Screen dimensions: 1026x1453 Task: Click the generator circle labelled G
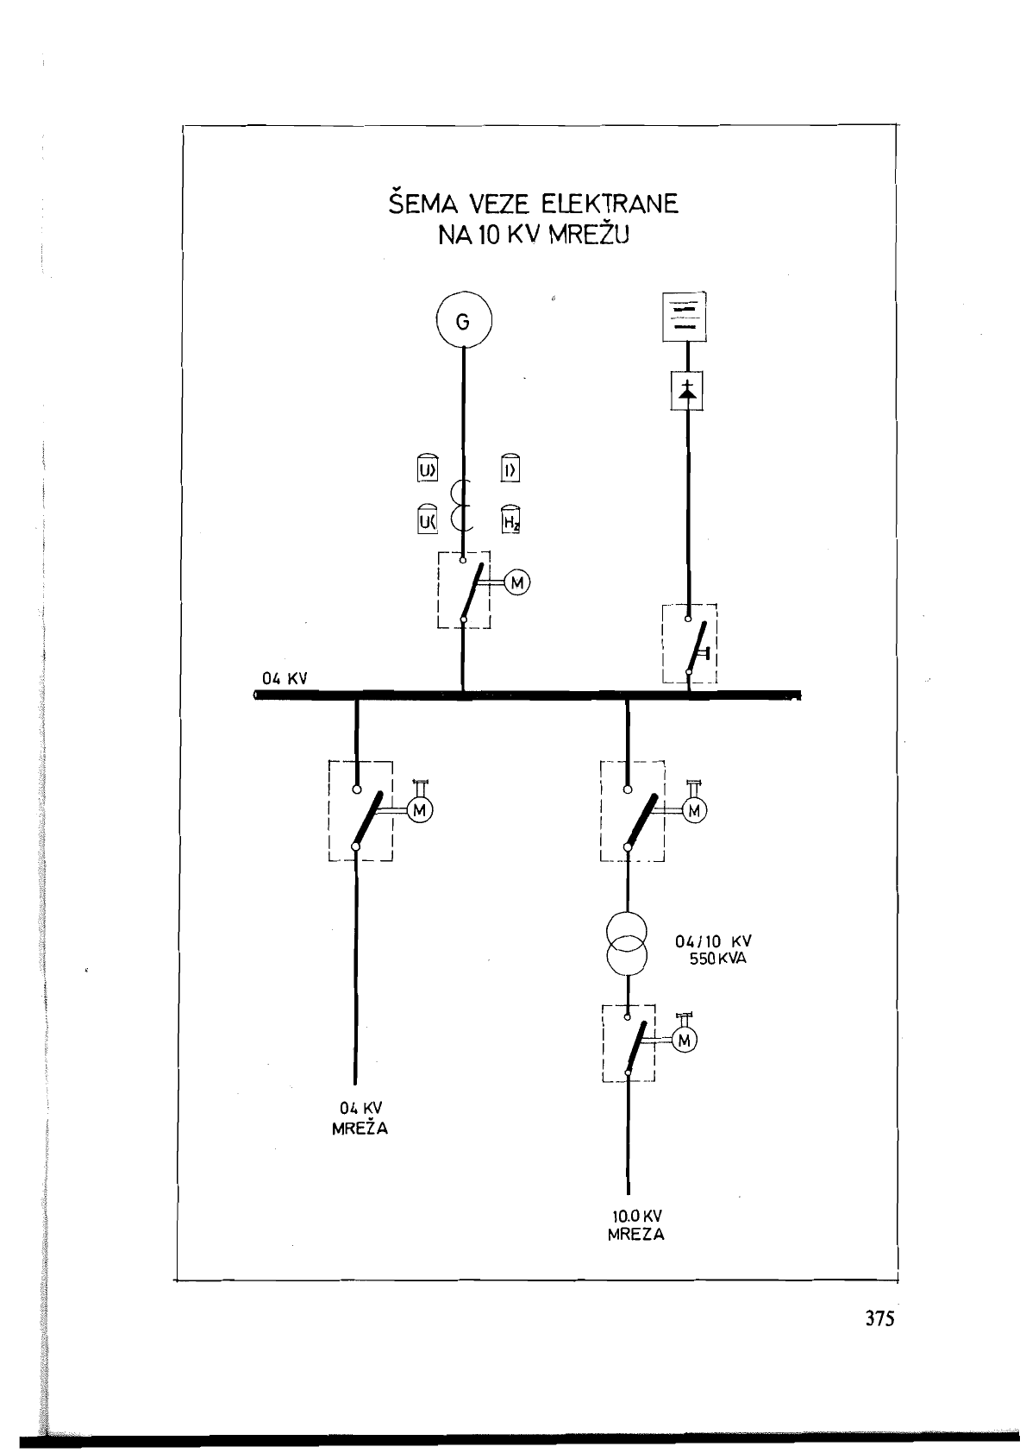pyautogui.click(x=463, y=320)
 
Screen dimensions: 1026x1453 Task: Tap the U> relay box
pyautogui.click(x=427, y=468)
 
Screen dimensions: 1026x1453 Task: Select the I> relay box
pyautogui.click(x=510, y=468)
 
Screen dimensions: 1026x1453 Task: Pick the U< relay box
pyautogui.click(x=427, y=519)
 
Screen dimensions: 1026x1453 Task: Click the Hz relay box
pyautogui.click(x=510, y=519)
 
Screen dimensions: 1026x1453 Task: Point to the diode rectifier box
pyautogui.click(x=687, y=391)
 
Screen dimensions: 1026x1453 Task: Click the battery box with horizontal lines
pyautogui.click(x=685, y=318)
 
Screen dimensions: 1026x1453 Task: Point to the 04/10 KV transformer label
pyautogui.click(x=713, y=941)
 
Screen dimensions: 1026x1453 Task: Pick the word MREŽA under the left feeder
pyautogui.click(x=360, y=1129)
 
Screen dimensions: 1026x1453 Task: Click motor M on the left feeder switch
pyautogui.click(x=419, y=809)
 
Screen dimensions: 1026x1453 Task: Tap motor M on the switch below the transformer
pyautogui.click(x=685, y=1041)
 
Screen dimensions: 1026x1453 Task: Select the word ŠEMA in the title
pyautogui.click(x=423, y=202)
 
